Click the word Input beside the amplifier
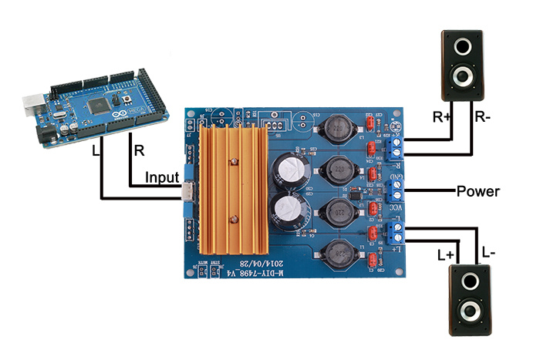(x=163, y=177)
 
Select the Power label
(x=478, y=191)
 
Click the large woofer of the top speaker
(x=461, y=76)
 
